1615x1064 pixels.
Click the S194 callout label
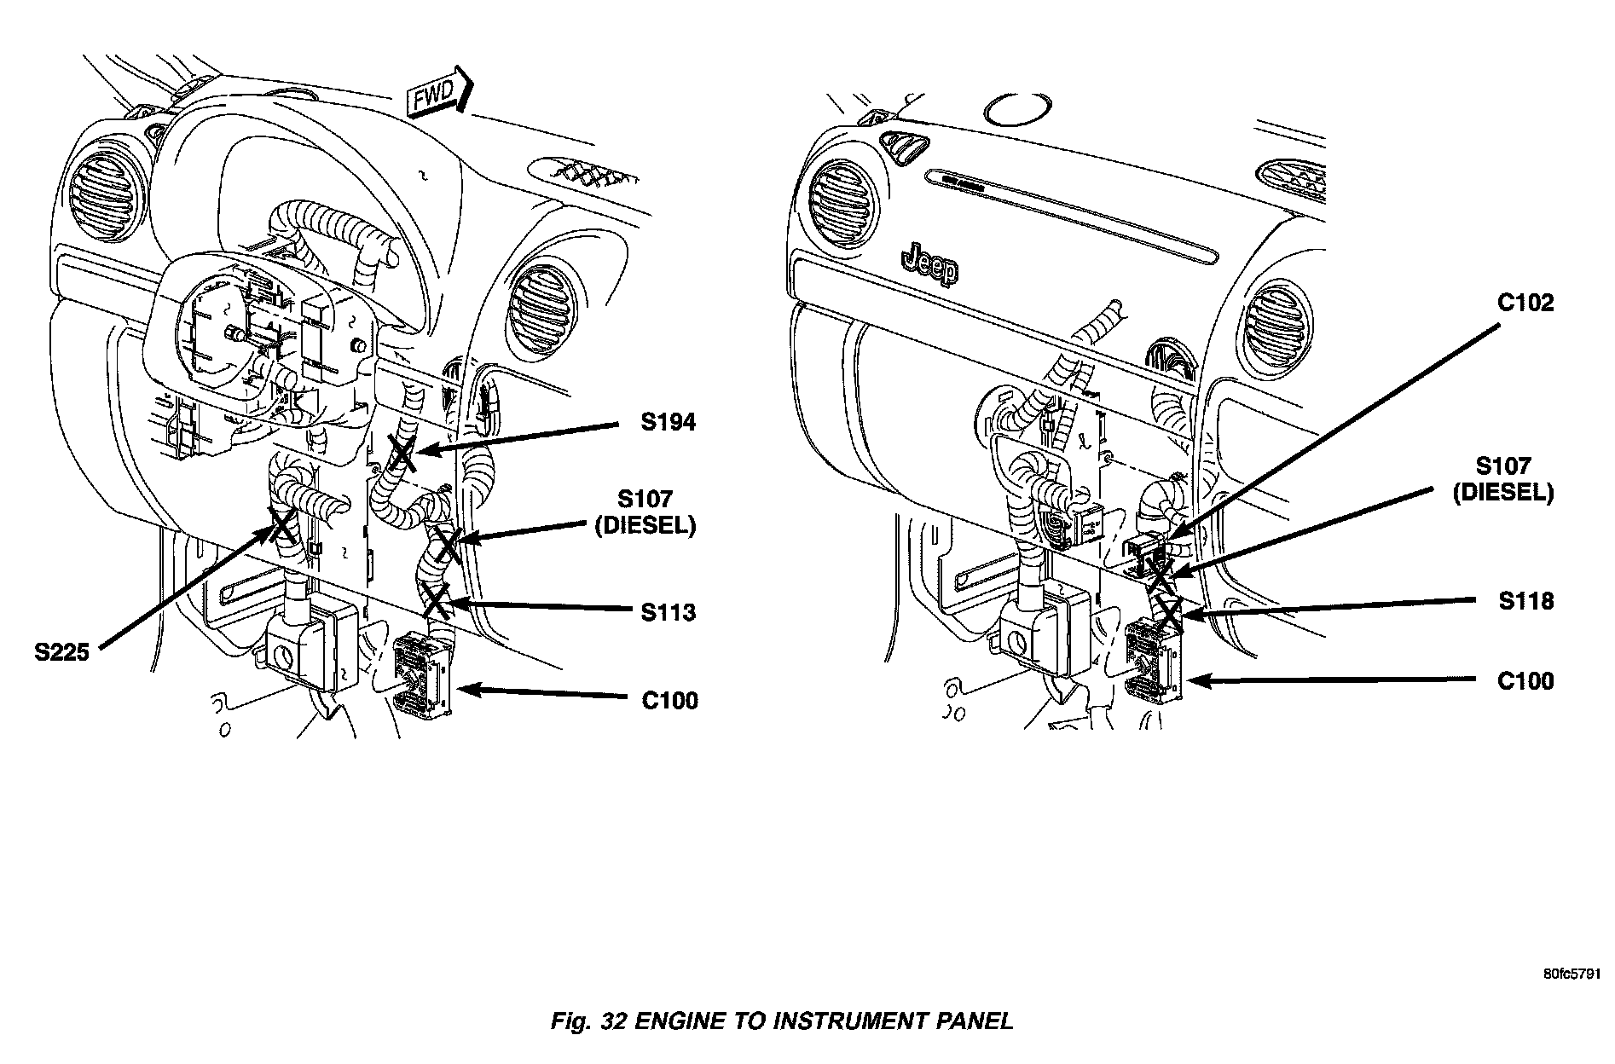click(x=669, y=421)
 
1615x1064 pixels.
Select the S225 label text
click(x=62, y=654)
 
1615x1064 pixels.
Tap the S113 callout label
click(x=669, y=612)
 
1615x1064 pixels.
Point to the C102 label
click(x=1525, y=303)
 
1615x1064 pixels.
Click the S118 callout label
click(x=1526, y=601)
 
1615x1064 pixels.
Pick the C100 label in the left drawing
click(x=669, y=701)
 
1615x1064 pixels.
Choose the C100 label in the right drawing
click(x=1525, y=681)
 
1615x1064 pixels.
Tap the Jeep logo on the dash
click(x=930, y=264)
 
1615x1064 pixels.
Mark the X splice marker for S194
click(x=402, y=452)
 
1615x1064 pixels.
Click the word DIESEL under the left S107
click(x=645, y=526)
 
